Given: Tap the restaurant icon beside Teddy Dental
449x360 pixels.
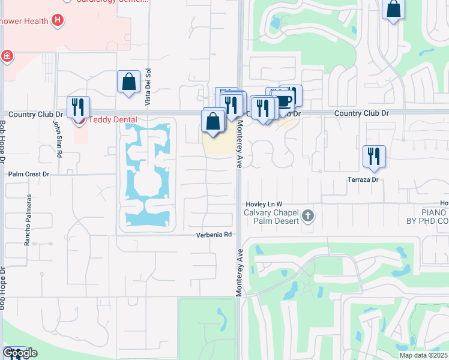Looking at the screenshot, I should [x=78, y=106].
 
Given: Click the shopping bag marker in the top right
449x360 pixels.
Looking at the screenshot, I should [x=394, y=10].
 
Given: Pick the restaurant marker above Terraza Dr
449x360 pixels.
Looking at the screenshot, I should [x=374, y=156].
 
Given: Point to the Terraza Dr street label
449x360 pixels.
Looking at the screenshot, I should [x=363, y=179].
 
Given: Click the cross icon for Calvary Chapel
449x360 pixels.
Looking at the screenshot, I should [x=307, y=215].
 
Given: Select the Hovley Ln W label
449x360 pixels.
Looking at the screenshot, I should [x=263, y=205].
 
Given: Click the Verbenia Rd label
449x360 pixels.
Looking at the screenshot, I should [x=214, y=235].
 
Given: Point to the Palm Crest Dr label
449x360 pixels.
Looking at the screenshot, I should [x=28, y=174].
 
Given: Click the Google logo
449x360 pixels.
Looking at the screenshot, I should [x=20, y=353].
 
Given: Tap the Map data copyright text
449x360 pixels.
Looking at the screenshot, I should [x=424, y=355].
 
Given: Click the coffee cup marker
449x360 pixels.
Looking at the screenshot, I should [x=285, y=99].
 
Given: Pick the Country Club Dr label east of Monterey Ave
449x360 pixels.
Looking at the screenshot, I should [x=361, y=113].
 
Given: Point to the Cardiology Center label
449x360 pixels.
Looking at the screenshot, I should [x=115, y=2].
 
